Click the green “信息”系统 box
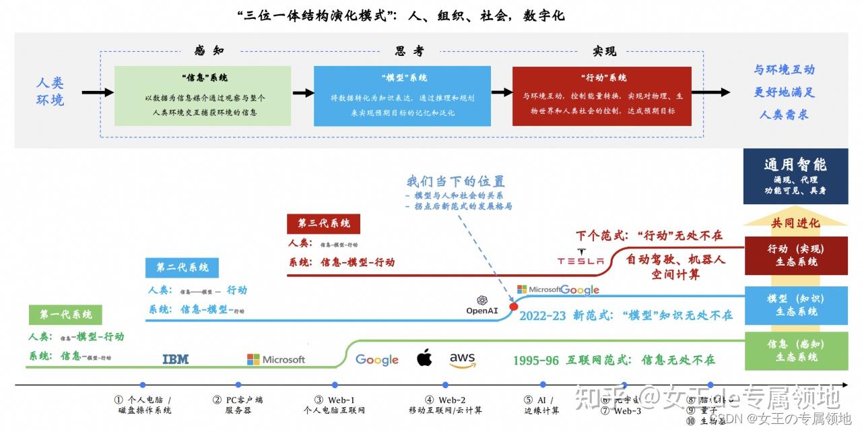click(x=203, y=95)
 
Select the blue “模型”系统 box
click(x=403, y=95)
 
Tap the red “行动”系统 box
click(x=601, y=95)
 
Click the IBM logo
click(x=176, y=359)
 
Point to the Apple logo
click(x=424, y=358)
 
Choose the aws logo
click(x=462, y=360)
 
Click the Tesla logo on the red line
click(x=581, y=259)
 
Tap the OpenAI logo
click(x=482, y=305)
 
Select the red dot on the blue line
click(x=513, y=307)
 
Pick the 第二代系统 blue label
click(x=183, y=268)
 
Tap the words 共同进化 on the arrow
click(x=795, y=223)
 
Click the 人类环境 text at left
click(x=50, y=92)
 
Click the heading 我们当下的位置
click(x=455, y=181)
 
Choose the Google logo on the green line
click(x=376, y=360)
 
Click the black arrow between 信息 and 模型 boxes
click(x=303, y=93)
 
